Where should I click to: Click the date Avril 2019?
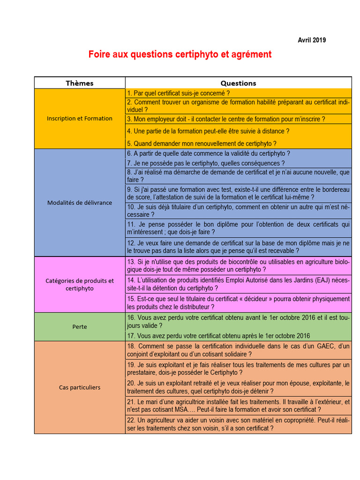tap(312, 40)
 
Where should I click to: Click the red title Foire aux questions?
tap(180, 54)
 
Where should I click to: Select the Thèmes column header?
tap(80, 83)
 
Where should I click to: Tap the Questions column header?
tap(238, 83)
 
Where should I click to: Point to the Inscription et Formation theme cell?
tap(80, 119)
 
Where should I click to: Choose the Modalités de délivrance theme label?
tap(80, 203)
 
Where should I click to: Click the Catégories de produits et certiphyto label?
tap(80, 285)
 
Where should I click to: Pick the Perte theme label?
tap(80, 327)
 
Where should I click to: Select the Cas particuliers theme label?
tap(80, 388)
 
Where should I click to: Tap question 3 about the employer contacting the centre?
tap(226, 119)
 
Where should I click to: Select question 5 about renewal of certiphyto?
tap(202, 143)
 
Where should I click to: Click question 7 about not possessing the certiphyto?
tap(206, 163)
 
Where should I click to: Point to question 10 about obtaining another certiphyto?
tap(238, 210)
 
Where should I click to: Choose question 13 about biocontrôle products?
tap(238, 265)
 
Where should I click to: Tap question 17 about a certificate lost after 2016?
tap(218, 336)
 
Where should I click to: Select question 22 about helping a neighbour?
tap(238, 424)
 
